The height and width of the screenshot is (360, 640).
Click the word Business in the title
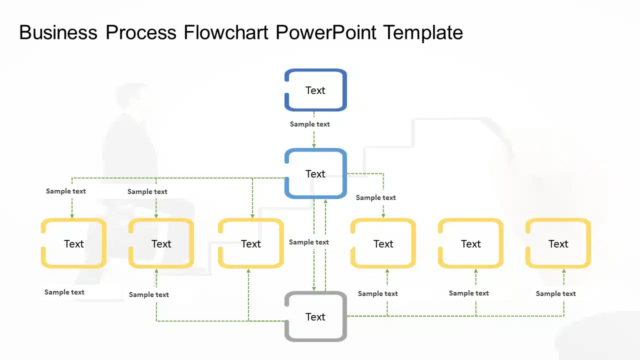tap(58, 32)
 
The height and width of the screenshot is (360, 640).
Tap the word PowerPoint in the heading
tap(326, 32)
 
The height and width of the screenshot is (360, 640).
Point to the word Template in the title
tap(423, 32)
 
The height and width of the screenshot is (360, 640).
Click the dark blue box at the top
tap(315, 90)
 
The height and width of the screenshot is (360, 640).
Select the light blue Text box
tap(315, 173)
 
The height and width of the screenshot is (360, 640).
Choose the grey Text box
tap(315, 316)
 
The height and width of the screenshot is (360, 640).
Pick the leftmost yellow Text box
tap(73, 243)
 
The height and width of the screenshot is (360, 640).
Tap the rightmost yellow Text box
tap(558, 243)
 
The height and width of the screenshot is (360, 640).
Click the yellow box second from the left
tap(161, 243)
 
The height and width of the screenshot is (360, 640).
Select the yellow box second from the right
tap(470, 243)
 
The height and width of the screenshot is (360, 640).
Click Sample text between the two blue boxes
tap(310, 124)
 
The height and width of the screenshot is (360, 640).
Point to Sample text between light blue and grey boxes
tap(309, 242)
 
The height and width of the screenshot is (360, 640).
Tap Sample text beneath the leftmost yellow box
tap(64, 292)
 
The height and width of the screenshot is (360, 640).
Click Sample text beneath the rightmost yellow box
tap(555, 293)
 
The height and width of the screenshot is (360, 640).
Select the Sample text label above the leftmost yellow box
tap(66, 191)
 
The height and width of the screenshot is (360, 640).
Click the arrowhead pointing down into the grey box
tap(314, 288)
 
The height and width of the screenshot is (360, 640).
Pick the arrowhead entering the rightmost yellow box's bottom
tap(563, 271)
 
